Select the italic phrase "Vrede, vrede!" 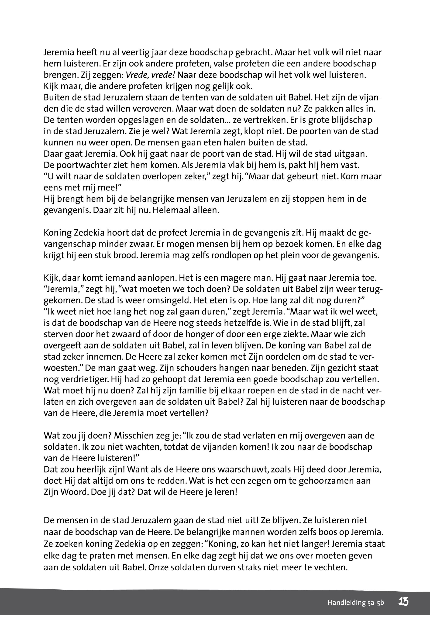151,75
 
